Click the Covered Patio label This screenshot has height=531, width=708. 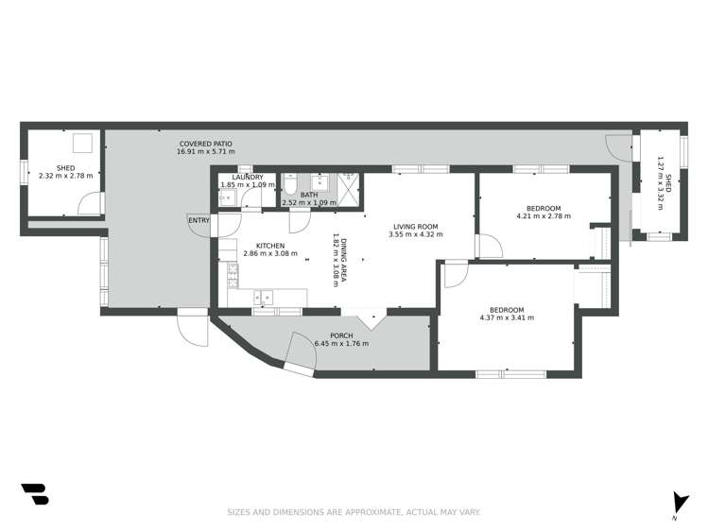(x=206, y=144)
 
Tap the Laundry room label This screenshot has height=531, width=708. (x=248, y=178)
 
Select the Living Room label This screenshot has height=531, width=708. (x=415, y=227)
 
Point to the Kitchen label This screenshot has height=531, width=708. (x=270, y=246)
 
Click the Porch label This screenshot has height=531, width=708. (x=341, y=335)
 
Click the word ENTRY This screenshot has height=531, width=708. (x=199, y=220)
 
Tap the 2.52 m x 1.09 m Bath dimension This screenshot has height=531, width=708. (x=309, y=203)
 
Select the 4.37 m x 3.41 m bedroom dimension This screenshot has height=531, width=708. (x=507, y=317)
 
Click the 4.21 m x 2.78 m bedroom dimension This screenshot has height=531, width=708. (x=544, y=216)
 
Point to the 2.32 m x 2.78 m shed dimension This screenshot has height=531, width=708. (x=66, y=176)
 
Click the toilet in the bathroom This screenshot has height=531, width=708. (x=290, y=184)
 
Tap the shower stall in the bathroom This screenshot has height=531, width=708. (x=349, y=190)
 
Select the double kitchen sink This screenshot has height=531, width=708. (x=263, y=298)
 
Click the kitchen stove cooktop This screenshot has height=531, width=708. (x=233, y=276)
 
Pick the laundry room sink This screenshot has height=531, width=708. (x=228, y=197)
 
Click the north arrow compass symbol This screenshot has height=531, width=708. (x=680, y=503)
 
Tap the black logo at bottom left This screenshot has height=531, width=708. (x=35, y=494)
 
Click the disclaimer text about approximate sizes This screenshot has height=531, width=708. (x=354, y=512)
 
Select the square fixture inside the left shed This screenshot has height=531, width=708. (x=83, y=143)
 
